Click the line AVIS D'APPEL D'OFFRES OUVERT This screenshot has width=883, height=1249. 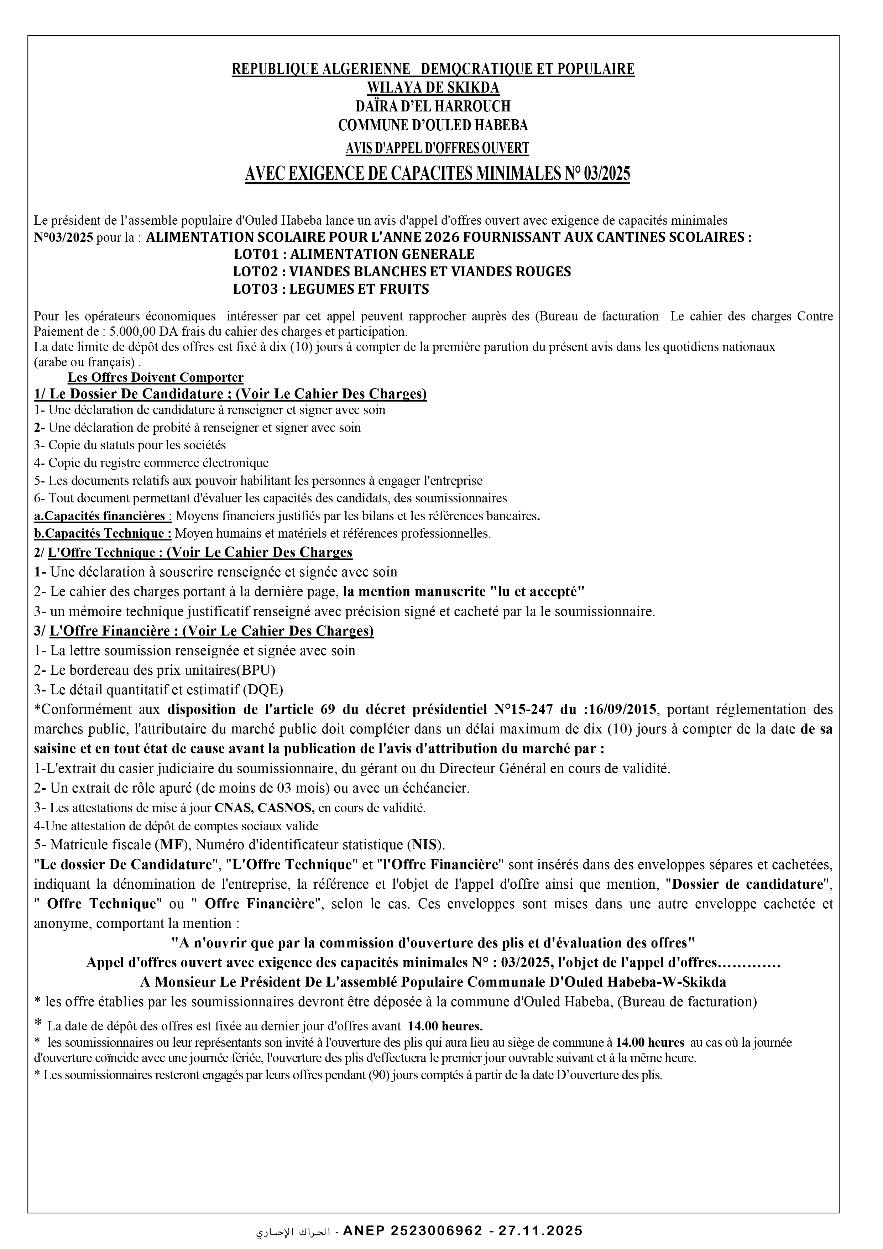438,148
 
